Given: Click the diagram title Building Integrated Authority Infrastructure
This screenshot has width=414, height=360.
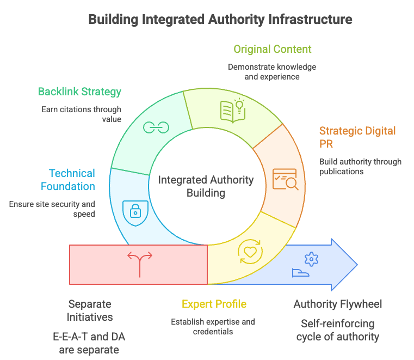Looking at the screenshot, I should point(220,20).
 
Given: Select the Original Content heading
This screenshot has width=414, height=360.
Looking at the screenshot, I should point(273,49).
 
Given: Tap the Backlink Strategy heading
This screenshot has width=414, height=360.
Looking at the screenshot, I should point(79,91).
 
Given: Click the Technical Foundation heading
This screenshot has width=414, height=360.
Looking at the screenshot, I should point(72,180).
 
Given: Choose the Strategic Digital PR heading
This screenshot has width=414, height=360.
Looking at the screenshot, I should point(357,137).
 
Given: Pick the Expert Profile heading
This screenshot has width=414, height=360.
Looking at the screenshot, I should point(214,304).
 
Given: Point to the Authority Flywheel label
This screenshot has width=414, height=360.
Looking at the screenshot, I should point(337,304).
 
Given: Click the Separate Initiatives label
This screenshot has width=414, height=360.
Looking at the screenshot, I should point(90,310).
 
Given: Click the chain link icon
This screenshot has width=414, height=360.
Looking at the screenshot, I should point(156,127).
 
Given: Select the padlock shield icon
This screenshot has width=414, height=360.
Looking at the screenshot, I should point(134,213).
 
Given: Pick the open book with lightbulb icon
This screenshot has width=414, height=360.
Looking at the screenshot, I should point(232,110).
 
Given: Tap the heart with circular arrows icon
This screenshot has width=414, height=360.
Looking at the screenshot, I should point(250,252).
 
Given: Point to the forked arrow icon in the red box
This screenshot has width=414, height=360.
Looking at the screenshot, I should point(139,264).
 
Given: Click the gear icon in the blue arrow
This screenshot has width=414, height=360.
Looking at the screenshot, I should point(312,259).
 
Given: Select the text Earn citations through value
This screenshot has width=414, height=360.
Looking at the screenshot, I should point(81,114).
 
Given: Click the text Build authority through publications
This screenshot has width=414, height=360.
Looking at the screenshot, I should point(360,166).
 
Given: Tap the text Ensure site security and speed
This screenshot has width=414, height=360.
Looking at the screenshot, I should point(52,209).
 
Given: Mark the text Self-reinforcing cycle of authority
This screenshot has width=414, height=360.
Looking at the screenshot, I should point(337,330).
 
